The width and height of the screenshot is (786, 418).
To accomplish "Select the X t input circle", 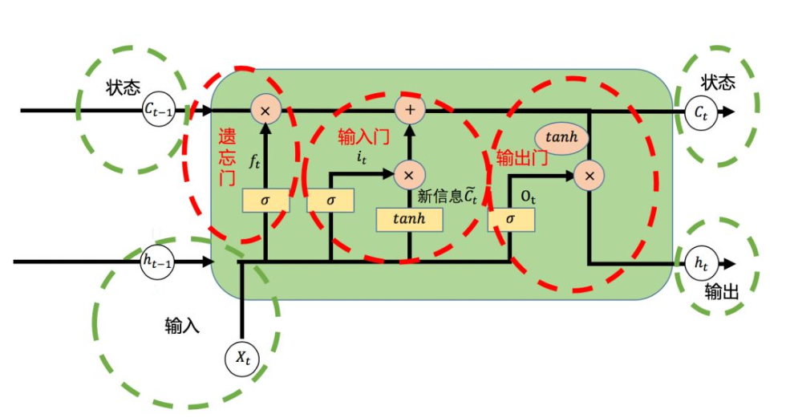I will click(x=242, y=358).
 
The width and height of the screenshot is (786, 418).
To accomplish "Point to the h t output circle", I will click(x=701, y=263).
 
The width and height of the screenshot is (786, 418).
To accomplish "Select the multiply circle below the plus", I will click(x=409, y=173).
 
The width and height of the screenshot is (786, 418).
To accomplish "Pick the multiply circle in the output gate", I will click(x=589, y=174).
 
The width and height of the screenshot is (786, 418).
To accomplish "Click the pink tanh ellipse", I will click(x=561, y=137).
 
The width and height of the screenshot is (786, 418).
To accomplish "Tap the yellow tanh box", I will click(x=409, y=219).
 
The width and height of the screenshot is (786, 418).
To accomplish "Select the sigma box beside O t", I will click(x=511, y=219).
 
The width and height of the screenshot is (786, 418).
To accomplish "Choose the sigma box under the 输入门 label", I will click(x=330, y=201).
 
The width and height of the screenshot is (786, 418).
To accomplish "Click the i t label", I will click(x=362, y=157).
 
